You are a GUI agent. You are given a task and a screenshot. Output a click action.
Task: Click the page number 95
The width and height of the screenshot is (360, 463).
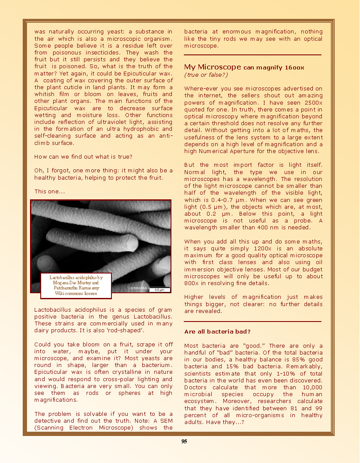(184, 442)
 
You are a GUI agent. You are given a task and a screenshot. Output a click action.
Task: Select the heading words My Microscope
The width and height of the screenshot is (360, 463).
(212, 67)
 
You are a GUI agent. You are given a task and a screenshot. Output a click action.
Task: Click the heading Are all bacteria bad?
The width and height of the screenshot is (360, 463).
(217, 332)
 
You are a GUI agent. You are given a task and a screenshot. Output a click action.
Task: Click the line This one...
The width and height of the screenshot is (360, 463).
(49, 192)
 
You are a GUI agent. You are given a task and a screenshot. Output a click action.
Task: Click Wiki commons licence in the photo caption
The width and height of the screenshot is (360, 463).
(76, 293)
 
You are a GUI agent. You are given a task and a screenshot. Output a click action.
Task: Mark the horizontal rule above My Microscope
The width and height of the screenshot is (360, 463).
(252, 55)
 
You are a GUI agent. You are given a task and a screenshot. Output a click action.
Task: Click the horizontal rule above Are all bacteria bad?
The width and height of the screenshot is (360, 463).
(252, 322)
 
